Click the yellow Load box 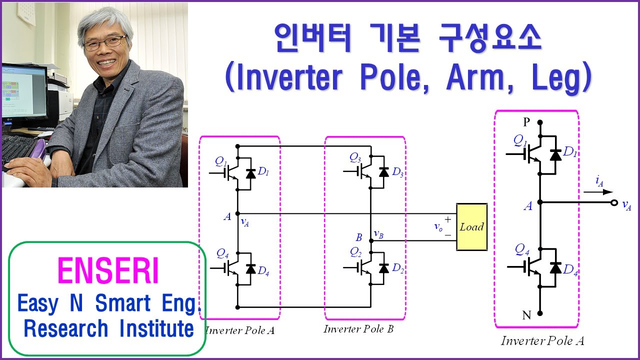(x=471, y=226)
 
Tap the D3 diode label (x=397, y=173)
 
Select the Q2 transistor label (x=355, y=251)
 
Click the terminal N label (x=526, y=315)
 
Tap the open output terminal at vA (x=614, y=203)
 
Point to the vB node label (x=378, y=234)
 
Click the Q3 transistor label (x=355, y=158)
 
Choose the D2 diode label (x=397, y=268)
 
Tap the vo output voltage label (x=438, y=226)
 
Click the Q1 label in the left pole (x=220, y=161)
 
